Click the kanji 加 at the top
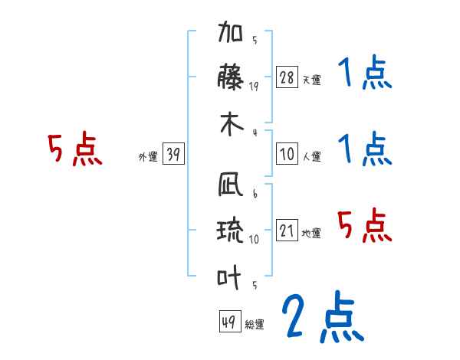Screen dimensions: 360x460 click(232, 34)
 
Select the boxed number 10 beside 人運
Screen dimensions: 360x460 click(287, 154)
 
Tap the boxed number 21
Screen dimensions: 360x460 click(287, 231)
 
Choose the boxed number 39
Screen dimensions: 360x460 click(173, 155)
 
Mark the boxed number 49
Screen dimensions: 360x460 click(228, 322)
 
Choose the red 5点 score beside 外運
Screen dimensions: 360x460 click(74, 149)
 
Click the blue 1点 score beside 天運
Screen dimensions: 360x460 click(365, 74)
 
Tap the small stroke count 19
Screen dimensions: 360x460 click(254, 86)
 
